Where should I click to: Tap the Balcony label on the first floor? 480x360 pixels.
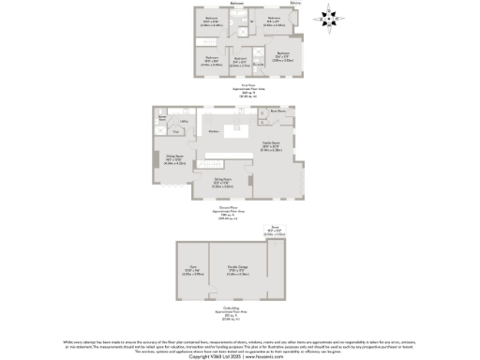point(296,5)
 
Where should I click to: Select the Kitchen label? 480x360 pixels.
point(215,132)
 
